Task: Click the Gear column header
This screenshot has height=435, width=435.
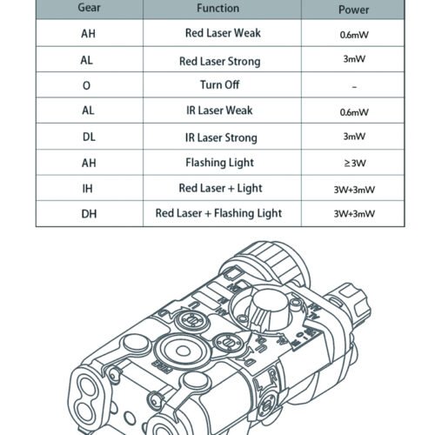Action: pos(89,8)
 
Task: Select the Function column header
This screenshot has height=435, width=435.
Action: pos(218,8)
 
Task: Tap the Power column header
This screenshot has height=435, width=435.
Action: pos(354,10)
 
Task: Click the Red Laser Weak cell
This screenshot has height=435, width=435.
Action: pos(223,33)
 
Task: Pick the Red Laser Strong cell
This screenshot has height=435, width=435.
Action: pos(220,62)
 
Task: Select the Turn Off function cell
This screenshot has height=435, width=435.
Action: pos(219,84)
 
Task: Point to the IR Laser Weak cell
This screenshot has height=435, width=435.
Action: pos(219,110)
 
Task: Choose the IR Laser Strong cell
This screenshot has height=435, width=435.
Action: pos(221,137)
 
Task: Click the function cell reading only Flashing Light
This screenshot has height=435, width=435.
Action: pos(220,163)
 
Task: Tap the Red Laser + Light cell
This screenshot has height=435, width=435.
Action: pos(220,188)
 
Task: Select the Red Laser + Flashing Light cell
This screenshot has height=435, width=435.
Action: pos(218,213)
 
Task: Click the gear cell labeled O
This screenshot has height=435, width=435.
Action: pos(86,85)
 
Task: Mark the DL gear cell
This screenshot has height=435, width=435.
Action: pos(89,137)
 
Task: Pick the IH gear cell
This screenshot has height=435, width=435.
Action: pos(88,189)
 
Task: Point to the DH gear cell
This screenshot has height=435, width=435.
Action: pos(89,214)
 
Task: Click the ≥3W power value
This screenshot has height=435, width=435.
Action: pos(355,164)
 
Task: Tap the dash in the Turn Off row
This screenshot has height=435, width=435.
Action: pos(354,87)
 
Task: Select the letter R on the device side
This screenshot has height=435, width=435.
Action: pos(273,377)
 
